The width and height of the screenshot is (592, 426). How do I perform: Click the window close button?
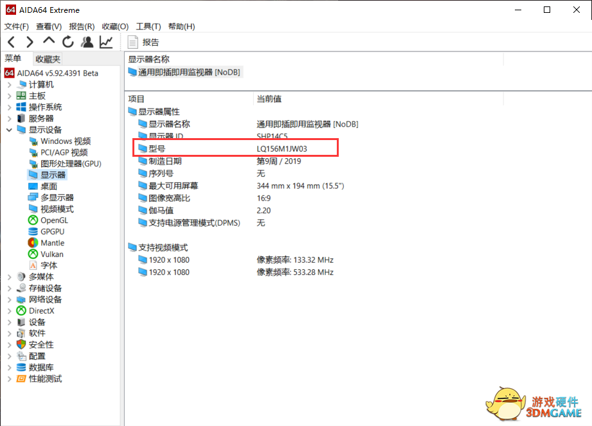pos(575,10)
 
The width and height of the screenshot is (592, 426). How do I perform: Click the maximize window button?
pos(546,10)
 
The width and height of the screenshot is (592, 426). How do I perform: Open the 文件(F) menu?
pos(17,26)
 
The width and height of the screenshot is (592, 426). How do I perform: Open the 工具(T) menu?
pos(148,26)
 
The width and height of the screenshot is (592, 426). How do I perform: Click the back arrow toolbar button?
pos(11,42)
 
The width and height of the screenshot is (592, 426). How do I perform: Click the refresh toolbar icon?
pos(68,42)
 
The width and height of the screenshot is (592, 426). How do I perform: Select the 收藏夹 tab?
pos(48,58)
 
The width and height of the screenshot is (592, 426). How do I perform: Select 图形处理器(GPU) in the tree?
pos(71,164)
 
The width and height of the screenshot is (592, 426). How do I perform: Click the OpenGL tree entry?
pos(54,220)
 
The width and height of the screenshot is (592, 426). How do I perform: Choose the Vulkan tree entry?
pos(51,254)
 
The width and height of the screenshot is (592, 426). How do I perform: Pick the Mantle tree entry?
pos(52,243)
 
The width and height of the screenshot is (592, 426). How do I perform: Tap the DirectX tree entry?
pos(42,311)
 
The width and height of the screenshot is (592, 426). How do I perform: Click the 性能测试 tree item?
pos(45,379)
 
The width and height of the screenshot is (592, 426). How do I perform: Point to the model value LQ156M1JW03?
pos(282,149)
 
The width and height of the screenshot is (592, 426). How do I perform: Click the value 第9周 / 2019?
pos(279,161)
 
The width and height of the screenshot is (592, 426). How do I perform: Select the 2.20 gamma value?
pos(264,210)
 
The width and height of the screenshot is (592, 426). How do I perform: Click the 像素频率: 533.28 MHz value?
pos(295,272)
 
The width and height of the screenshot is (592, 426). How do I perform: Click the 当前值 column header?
pos(269,99)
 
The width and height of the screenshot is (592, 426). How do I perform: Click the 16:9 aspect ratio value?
pos(264,198)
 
